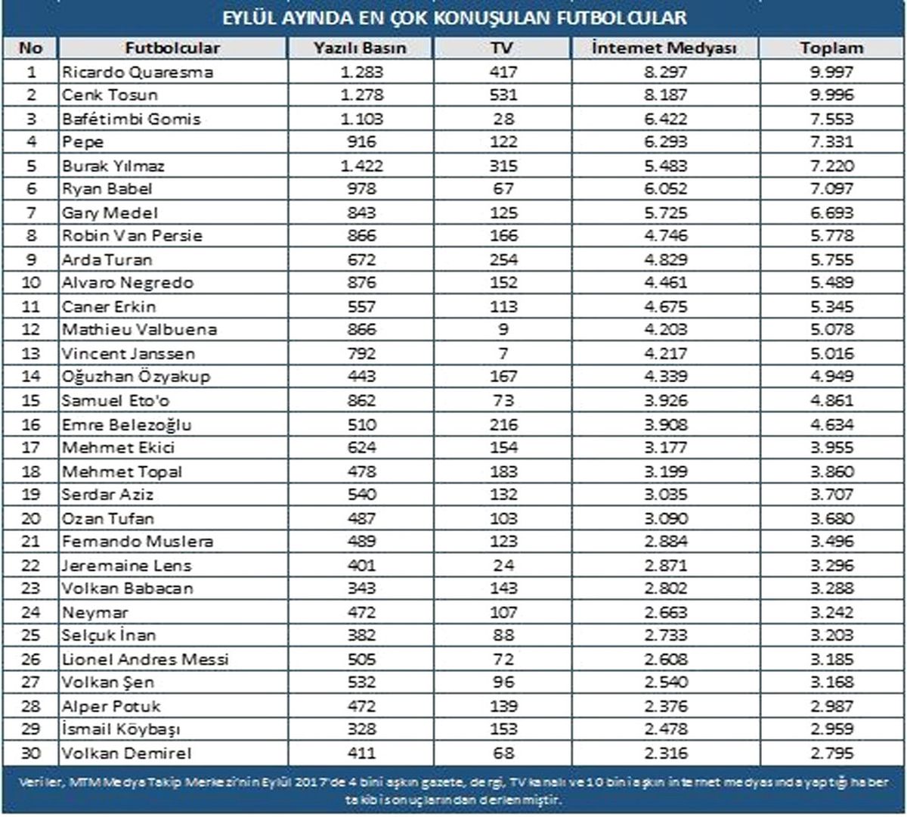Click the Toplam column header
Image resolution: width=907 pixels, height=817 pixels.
[831, 48]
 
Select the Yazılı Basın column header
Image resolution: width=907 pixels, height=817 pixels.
[360, 48]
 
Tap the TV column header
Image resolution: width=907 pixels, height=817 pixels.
[503, 48]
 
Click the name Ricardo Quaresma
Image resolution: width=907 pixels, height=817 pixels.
[138, 72]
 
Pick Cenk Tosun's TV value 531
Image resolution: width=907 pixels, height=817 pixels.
[503, 95]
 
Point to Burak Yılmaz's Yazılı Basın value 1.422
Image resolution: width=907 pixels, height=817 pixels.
[361, 166]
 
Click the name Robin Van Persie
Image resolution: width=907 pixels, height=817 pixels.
[132, 235]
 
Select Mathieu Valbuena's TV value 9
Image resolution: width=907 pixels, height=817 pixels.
[503, 329]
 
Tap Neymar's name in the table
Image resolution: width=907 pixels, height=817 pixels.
[95, 613]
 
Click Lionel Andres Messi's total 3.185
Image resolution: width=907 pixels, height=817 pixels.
[831, 659]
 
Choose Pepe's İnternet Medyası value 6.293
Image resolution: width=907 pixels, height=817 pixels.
[665, 141]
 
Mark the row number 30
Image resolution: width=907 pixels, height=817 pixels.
[31, 753]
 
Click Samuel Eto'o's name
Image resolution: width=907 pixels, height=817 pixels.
[116, 401]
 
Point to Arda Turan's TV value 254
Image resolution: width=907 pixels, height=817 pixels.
[503, 259]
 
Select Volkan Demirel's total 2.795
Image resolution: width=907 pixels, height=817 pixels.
[831, 753]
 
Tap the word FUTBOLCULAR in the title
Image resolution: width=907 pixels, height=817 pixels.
[621, 18]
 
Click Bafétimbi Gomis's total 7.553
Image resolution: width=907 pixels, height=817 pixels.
[831, 119]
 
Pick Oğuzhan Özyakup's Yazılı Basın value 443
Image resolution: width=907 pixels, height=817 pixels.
[361, 376]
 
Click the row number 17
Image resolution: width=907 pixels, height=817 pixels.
[31, 447]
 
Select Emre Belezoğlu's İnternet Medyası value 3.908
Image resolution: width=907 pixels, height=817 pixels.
[665, 424]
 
